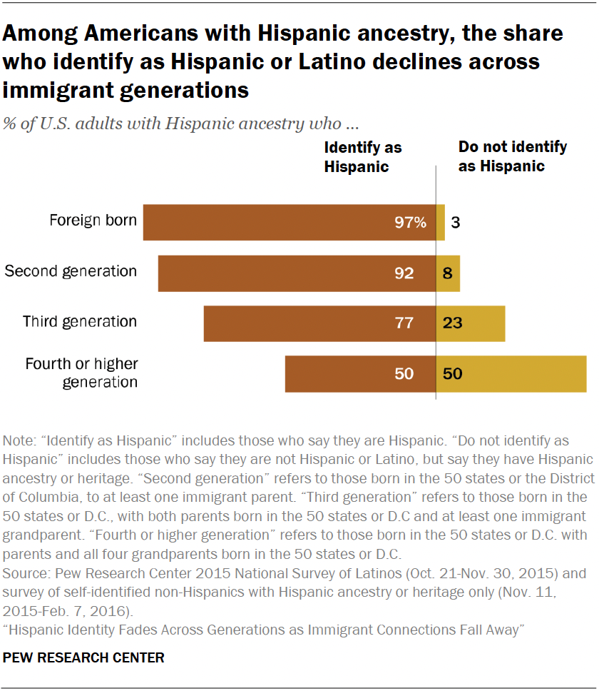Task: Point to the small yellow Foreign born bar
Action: pos(441,222)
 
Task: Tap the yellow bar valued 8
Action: pos(448,273)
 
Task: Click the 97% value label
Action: pos(411,222)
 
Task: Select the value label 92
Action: pos(404,273)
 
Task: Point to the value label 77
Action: pos(404,323)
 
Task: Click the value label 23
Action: pos(452,323)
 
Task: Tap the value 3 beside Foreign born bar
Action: pos(455,222)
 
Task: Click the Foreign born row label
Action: pos(93,220)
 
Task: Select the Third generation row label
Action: pos(80,321)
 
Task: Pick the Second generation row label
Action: pos(71,271)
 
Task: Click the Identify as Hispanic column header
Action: pos(363,157)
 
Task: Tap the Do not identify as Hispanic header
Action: pos(512,156)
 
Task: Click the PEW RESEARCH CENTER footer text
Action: pos(84,657)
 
